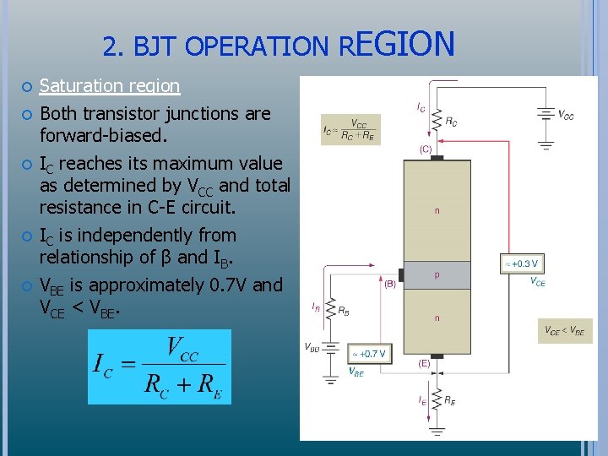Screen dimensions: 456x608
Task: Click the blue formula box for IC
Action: pos(160,366)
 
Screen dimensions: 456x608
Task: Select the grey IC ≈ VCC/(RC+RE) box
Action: pos(350,130)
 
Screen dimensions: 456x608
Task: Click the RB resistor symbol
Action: pos(329,310)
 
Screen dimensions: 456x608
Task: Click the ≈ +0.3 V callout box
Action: pos(521,264)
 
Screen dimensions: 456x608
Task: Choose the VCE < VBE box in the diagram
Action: pos(565,331)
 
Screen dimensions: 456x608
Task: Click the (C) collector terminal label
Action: pos(426,149)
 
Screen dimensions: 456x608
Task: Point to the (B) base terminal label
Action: pos(390,285)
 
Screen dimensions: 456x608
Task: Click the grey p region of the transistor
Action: pos(437,274)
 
